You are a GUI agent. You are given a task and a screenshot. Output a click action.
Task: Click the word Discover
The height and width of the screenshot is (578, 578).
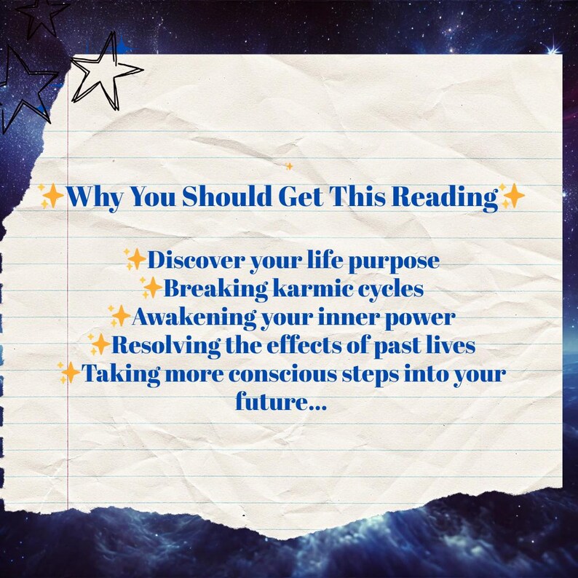click(196, 261)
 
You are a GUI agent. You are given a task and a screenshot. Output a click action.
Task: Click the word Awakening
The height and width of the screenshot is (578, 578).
click(194, 317)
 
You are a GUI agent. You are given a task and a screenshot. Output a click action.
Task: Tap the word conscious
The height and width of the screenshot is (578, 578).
click(282, 373)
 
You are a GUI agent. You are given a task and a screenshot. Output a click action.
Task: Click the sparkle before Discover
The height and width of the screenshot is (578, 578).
click(135, 258)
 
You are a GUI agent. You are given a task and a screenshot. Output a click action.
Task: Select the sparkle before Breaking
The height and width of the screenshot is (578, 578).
click(151, 287)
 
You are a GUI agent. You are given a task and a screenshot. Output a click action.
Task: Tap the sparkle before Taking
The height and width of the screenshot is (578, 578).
click(69, 373)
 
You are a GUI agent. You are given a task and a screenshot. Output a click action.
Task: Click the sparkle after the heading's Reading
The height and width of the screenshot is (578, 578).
click(512, 195)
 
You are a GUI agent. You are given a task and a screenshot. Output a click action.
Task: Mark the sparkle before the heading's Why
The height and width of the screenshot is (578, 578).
click(52, 196)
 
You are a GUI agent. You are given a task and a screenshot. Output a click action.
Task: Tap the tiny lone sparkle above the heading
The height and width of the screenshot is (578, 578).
click(289, 166)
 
